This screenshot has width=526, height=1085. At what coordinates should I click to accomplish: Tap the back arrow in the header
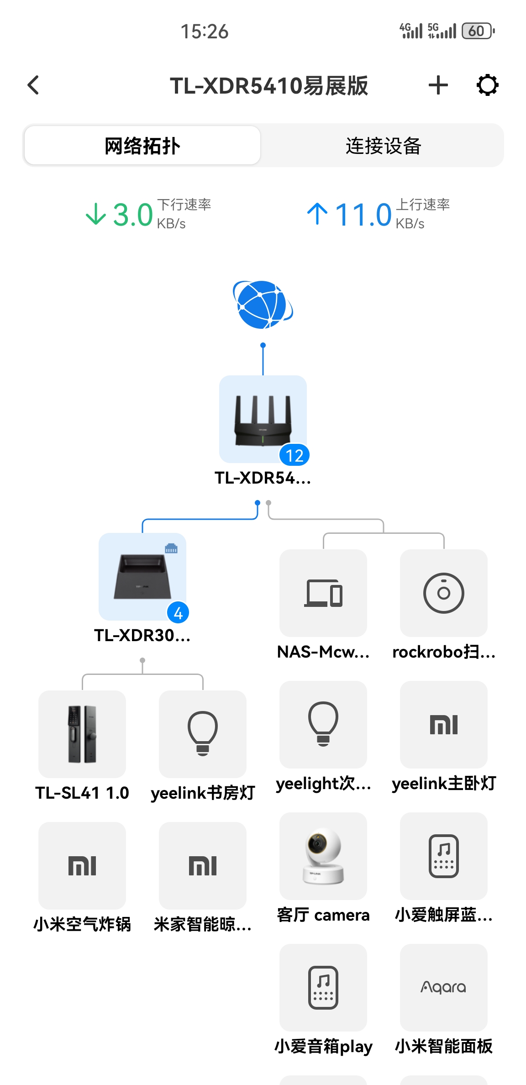[33, 85]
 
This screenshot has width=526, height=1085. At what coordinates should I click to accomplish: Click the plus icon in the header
[438, 85]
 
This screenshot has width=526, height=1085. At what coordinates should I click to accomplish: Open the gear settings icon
[487, 85]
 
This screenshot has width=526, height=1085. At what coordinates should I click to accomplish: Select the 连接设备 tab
[383, 146]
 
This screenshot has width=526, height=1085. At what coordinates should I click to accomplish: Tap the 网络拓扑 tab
[142, 146]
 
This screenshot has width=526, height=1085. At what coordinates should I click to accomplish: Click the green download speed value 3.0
[132, 215]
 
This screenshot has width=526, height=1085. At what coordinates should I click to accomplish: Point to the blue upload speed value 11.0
[363, 215]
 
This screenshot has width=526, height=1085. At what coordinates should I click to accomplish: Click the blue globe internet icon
[263, 305]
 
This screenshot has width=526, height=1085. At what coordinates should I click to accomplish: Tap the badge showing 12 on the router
[295, 455]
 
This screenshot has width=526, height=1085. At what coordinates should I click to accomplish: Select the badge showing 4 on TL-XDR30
[178, 613]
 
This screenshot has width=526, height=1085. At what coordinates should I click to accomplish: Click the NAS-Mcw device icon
[323, 593]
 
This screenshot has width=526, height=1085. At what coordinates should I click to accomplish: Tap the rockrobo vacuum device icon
[444, 593]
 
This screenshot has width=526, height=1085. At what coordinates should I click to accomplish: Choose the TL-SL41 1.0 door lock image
[82, 734]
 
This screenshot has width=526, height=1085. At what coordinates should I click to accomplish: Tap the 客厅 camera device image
[323, 856]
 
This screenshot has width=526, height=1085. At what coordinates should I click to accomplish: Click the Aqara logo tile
[444, 987]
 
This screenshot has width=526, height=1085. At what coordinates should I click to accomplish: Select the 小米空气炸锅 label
[82, 924]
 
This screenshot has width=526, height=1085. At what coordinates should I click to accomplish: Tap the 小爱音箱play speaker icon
[323, 987]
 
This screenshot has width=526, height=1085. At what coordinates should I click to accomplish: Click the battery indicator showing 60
[477, 31]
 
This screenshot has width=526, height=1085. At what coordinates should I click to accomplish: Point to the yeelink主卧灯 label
[444, 784]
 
